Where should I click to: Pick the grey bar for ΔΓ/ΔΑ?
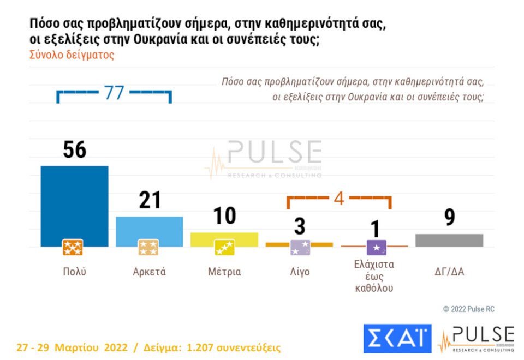pos(449,241)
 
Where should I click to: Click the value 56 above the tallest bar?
pos(75,149)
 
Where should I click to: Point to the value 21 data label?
pos(150,200)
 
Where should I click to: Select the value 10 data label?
pos(224,216)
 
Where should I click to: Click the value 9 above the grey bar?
pos(450,218)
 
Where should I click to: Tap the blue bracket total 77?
pos(114,93)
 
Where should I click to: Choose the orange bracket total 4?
pos(339,199)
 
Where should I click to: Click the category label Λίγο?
pos(300,272)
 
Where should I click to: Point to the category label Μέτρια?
pos(224,272)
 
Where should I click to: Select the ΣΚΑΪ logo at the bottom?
pos(397,338)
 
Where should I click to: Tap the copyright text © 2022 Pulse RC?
pos(468,309)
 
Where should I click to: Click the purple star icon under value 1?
pos(376,248)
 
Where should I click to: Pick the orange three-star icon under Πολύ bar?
pos(73,248)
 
